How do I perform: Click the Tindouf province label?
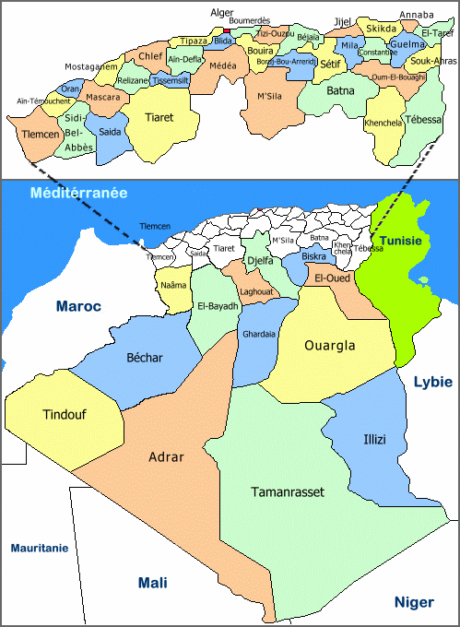pos(64,415)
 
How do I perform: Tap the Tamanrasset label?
pos(288,492)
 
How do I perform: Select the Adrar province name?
pos(167,456)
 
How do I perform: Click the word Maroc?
pos(77,306)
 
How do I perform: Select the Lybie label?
pos(433,381)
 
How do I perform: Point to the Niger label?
pos(414,602)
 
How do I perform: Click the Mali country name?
pos(152,583)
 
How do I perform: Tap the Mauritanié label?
pos(40,548)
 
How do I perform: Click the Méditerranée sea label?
pos(78,194)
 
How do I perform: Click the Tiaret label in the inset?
pos(159,117)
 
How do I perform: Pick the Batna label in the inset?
pos(340,90)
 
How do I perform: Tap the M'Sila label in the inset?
pos(269,97)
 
